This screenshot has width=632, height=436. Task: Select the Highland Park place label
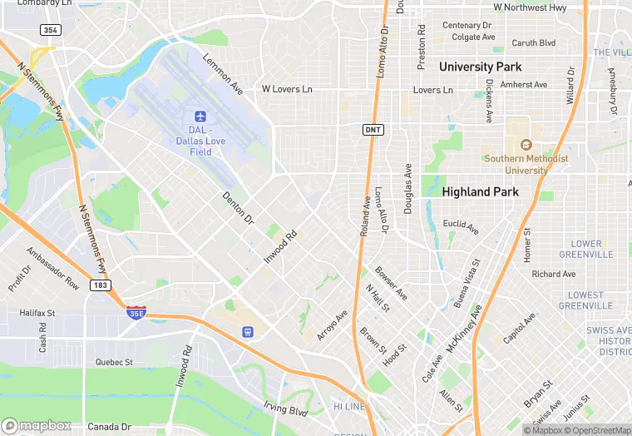(480, 191)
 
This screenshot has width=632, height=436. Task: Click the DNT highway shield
(373, 129)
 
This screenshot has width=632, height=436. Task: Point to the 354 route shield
(49, 30)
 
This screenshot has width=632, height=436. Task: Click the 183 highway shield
(100, 285)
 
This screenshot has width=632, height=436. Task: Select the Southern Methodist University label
(527, 164)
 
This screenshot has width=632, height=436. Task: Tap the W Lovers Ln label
(287, 88)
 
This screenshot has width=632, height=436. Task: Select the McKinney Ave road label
(464, 327)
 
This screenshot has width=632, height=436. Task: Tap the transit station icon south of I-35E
(247, 331)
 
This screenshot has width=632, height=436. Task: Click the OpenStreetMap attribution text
(598, 430)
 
